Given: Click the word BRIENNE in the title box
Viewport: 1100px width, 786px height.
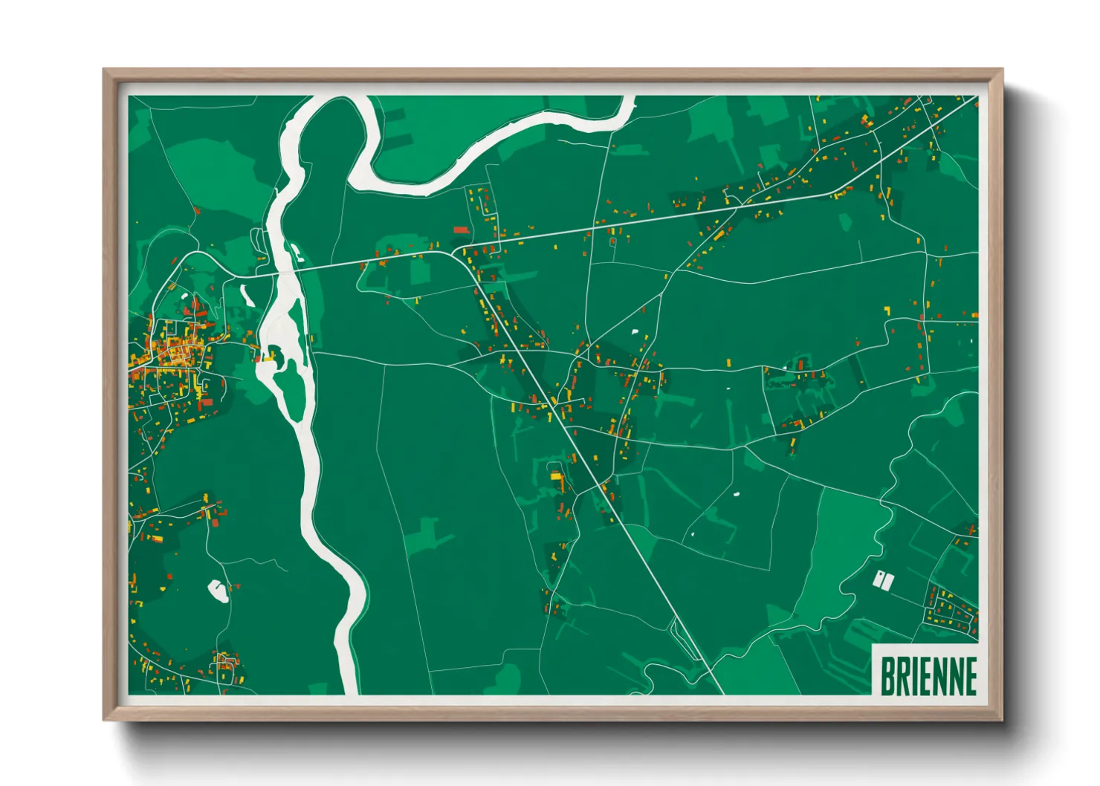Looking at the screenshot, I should tap(928, 676).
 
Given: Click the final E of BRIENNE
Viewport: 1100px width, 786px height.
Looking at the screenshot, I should tap(969, 676).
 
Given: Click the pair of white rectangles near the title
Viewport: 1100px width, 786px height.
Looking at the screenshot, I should tap(883, 580).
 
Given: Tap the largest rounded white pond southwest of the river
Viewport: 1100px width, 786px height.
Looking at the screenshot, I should tap(217, 591).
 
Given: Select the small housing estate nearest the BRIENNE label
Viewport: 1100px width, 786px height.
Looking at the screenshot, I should tap(951, 610).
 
